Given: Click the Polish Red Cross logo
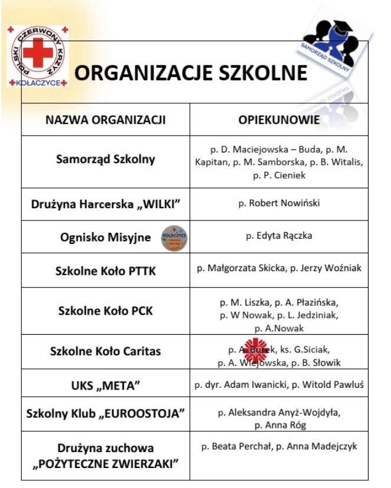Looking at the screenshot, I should (x=38, y=55).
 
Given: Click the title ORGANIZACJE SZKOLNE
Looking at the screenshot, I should (x=190, y=73).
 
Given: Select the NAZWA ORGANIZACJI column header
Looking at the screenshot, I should (x=106, y=120).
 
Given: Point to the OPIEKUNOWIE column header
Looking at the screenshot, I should (x=279, y=120).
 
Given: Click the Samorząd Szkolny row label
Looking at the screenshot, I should (x=106, y=159).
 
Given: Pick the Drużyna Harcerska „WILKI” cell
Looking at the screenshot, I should (x=106, y=204).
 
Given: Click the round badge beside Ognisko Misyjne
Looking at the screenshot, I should (x=174, y=238).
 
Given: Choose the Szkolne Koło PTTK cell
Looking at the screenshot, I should (x=106, y=271).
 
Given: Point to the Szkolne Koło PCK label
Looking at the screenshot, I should (x=106, y=311).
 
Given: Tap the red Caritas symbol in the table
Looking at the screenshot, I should (x=255, y=348).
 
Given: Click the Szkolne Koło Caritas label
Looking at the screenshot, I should (x=106, y=351).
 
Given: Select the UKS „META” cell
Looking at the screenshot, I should (x=106, y=386).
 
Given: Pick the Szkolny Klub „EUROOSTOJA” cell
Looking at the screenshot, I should (x=106, y=413).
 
